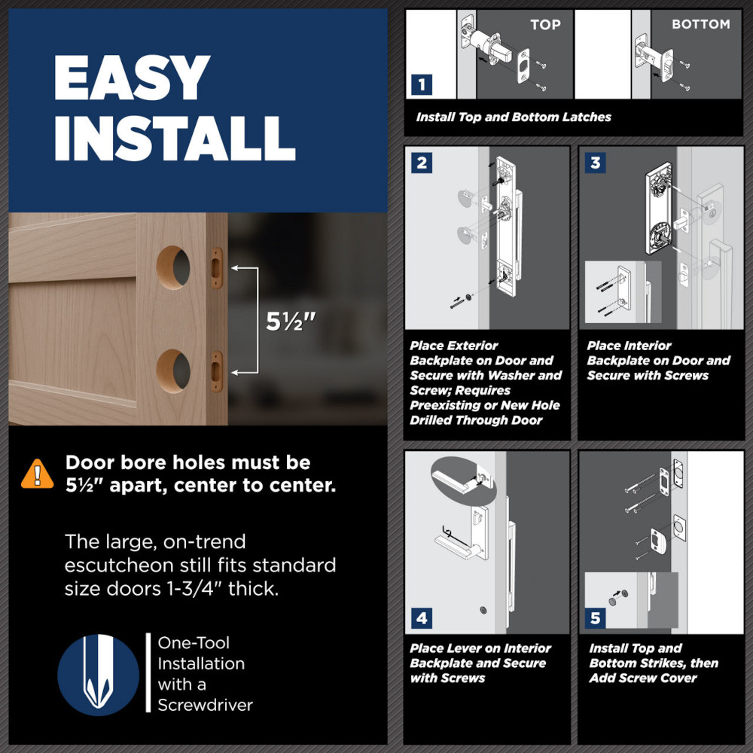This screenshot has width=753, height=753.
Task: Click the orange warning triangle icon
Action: tap(38, 474)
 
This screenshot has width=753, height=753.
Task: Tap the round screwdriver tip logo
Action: tap(99, 675)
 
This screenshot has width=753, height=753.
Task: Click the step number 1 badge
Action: tap(422, 85)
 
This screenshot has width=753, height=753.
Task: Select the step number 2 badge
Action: tap(422, 163)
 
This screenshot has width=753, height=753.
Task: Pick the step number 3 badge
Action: tap(595, 163)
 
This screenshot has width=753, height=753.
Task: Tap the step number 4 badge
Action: tap(422, 618)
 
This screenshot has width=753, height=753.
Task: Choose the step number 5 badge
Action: tap(595, 618)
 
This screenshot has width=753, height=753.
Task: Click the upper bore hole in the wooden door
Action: tap(173, 267)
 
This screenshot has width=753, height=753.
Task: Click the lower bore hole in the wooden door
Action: tap(173, 371)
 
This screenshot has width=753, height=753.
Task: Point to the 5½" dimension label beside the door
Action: tap(291, 322)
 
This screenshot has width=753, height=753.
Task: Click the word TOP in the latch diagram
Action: tap(545, 25)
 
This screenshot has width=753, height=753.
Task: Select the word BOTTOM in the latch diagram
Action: tap(700, 24)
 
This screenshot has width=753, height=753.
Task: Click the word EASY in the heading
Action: tap(132, 77)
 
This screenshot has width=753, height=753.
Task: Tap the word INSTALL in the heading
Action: tap(175, 139)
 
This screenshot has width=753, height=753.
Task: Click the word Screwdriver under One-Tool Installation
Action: tap(205, 705)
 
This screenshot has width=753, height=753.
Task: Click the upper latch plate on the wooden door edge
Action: tap(217, 268)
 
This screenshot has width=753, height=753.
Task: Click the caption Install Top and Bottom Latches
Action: tap(514, 117)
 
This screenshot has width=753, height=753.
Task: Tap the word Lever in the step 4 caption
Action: tap(463, 648)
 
